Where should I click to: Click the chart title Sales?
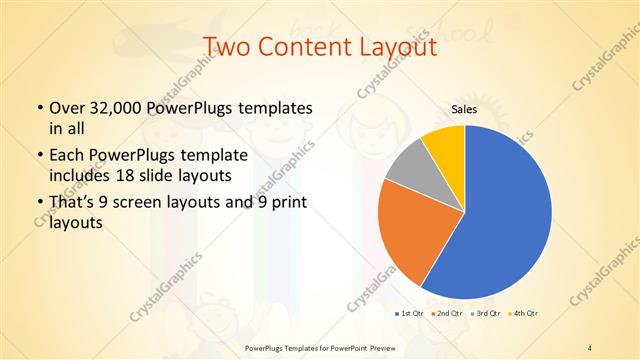(x=464, y=108)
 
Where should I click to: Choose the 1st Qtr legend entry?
(x=411, y=313)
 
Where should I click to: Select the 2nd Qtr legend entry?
(x=450, y=313)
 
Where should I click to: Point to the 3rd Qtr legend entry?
(x=488, y=313)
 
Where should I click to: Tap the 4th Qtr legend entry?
(x=525, y=313)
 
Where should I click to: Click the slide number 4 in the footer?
(x=590, y=347)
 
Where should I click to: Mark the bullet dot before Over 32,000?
(x=39, y=108)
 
